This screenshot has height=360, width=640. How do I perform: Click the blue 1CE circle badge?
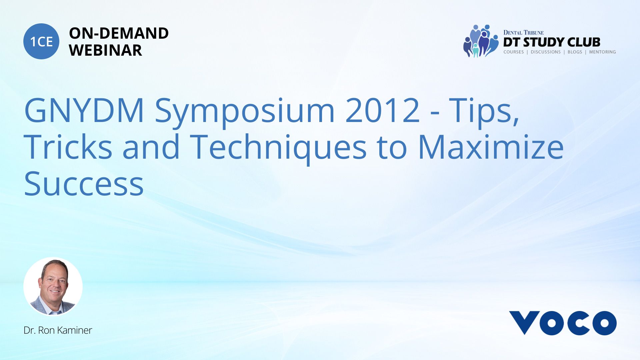(x=41, y=41)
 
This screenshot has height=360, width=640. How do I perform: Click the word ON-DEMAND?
(x=119, y=33)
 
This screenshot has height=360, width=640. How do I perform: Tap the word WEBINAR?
(x=105, y=50)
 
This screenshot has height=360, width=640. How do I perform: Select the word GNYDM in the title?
(x=84, y=110)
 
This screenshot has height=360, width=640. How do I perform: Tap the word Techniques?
(x=279, y=149)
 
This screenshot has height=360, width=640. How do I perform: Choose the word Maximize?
(x=491, y=147)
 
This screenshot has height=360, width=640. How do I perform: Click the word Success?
(x=84, y=184)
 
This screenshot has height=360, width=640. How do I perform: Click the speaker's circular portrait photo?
(x=53, y=286)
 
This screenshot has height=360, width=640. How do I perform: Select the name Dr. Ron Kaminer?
(x=58, y=330)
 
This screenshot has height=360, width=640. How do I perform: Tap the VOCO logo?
(x=563, y=323)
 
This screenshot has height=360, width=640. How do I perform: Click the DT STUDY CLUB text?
(x=552, y=42)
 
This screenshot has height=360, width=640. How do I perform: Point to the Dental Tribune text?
(x=523, y=32)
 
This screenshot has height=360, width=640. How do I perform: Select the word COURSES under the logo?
(x=514, y=52)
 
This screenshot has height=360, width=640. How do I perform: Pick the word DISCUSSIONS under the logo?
(x=546, y=52)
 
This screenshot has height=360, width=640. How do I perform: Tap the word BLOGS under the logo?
(x=575, y=52)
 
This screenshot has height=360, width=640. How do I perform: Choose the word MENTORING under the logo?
(x=603, y=52)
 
